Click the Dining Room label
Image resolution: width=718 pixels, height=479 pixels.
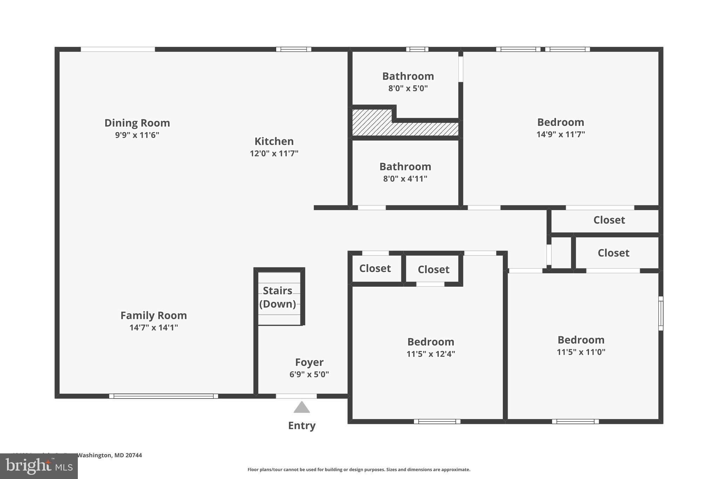pyautogui.click(x=137, y=123)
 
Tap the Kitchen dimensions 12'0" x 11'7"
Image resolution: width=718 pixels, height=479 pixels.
pyautogui.click(x=274, y=153)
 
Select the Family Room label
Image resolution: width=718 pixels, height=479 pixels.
pyautogui.click(x=154, y=315)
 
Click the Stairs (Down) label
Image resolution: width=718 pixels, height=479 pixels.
pyautogui.click(x=278, y=297)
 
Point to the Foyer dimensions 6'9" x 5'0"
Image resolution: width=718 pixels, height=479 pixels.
pyautogui.click(x=309, y=374)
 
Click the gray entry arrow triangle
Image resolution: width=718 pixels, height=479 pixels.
pyautogui.click(x=302, y=408)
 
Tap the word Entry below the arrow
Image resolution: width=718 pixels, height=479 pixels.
pyautogui.click(x=302, y=425)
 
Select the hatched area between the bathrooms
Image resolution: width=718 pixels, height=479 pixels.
pyautogui.click(x=403, y=128)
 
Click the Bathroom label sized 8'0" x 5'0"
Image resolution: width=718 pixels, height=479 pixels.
pyautogui.click(x=408, y=76)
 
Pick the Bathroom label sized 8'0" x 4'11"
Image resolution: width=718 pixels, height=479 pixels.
pyautogui.click(x=405, y=166)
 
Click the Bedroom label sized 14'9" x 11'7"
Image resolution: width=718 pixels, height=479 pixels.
pyautogui.click(x=561, y=122)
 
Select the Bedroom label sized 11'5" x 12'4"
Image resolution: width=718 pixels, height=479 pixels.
pyautogui.click(x=431, y=341)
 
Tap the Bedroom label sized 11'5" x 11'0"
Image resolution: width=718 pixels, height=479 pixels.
pyautogui.click(x=581, y=340)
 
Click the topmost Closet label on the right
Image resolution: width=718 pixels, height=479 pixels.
pyautogui.click(x=609, y=220)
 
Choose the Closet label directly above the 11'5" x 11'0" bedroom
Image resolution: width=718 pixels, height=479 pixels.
pyautogui.click(x=613, y=253)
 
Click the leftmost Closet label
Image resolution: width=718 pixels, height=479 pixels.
pyautogui.click(x=375, y=268)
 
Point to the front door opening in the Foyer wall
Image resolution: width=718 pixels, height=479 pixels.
pyautogui.click(x=296, y=396)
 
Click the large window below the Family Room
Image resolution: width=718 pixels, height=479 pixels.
pyautogui.click(x=163, y=396)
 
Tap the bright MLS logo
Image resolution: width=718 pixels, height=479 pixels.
pyautogui.click(x=39, y=466)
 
